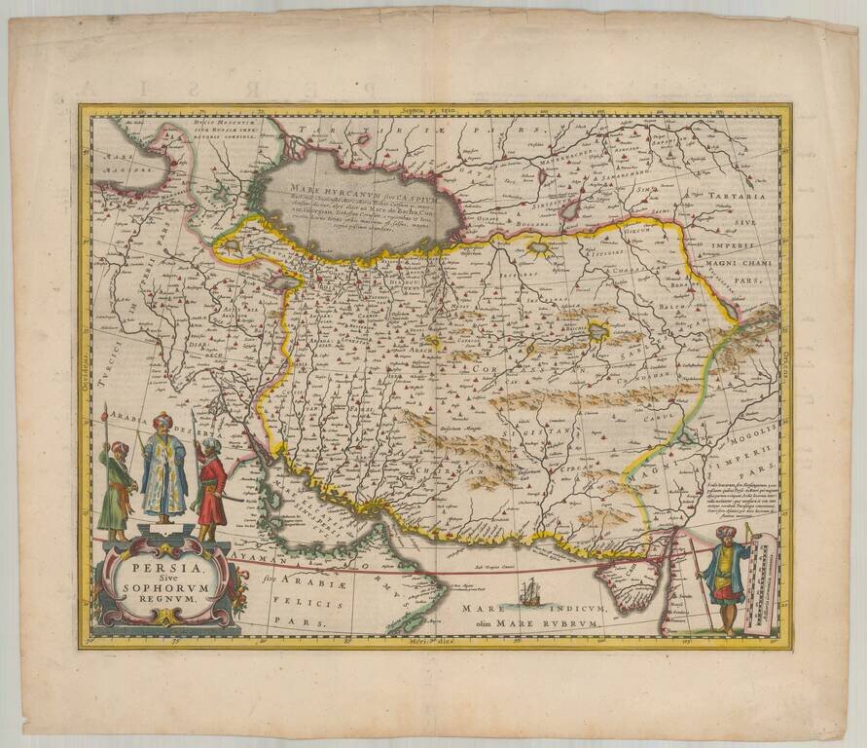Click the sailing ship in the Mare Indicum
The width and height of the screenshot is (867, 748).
tap(531, 589)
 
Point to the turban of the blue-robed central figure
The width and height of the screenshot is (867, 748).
tap(162, 423)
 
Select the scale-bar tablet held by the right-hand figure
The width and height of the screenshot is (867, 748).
tap(761, 580)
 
